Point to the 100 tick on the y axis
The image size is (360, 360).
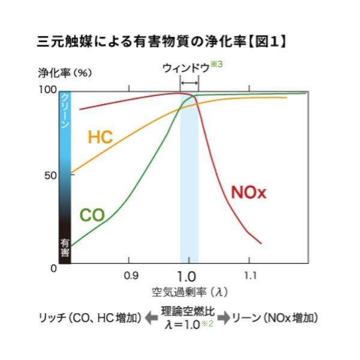point(47,89)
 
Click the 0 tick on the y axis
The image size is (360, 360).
point(53,268)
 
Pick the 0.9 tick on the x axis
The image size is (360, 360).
point(131,275)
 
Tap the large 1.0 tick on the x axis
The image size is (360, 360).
point(188,277)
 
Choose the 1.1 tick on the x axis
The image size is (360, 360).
point(250,275)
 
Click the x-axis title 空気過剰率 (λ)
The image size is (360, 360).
point(190,292)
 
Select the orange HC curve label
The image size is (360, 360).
point(100,137)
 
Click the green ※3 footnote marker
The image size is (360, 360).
point(216,65)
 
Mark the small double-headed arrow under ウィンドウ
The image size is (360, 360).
point(189,82)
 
